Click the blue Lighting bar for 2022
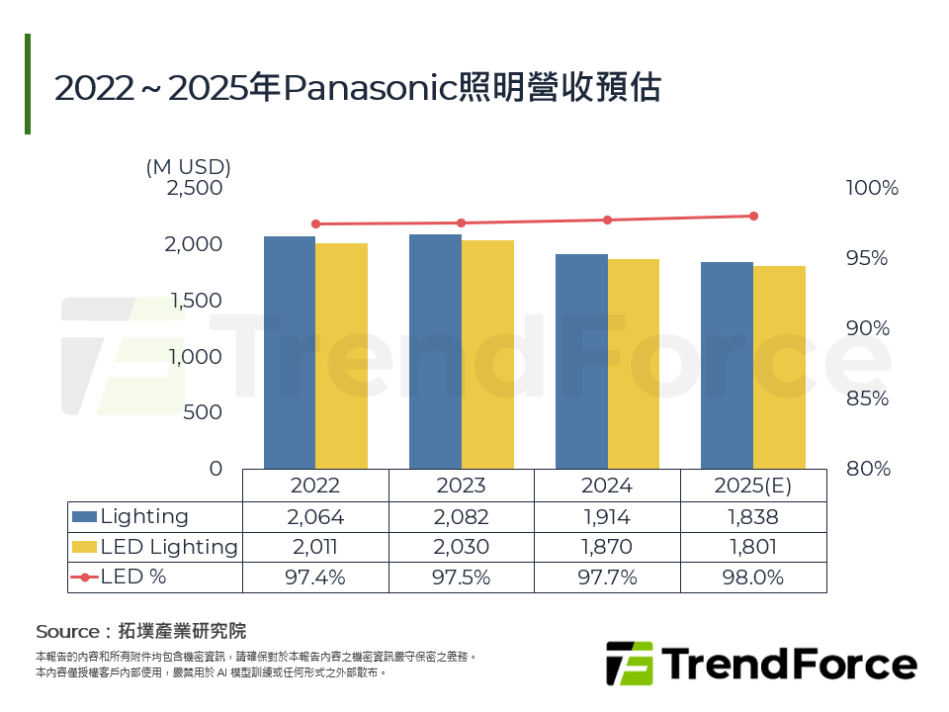(290, 352)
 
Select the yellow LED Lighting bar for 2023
(487, 354)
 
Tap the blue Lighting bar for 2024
(581, 361)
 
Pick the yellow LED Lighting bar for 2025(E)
(779, 367)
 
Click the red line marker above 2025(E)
(753, 216)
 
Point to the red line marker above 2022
(316, 223)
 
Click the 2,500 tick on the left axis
(195, 187)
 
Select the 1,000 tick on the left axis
(195, 356)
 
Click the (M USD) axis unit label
(188, 166)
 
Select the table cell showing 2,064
(315, 517)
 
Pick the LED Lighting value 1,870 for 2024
(607, 547)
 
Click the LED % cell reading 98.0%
(753, 578)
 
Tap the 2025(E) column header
(753, 487)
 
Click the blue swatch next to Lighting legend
(85, 516)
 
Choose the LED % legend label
(133, 578)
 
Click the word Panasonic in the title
(368, 89)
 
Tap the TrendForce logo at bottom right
(761, 664)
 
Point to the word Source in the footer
(66, 631)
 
